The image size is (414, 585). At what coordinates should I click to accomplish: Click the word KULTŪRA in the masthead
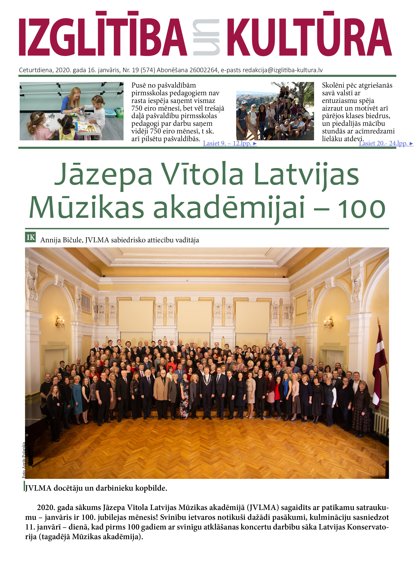309,37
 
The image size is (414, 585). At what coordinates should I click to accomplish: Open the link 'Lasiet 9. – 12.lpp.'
230,143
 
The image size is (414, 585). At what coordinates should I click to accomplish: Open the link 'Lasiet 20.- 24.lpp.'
385,143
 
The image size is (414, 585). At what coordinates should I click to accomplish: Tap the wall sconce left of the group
60,323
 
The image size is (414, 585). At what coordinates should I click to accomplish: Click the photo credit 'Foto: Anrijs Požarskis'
24,460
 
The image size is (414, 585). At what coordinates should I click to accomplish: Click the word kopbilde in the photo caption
151,488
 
